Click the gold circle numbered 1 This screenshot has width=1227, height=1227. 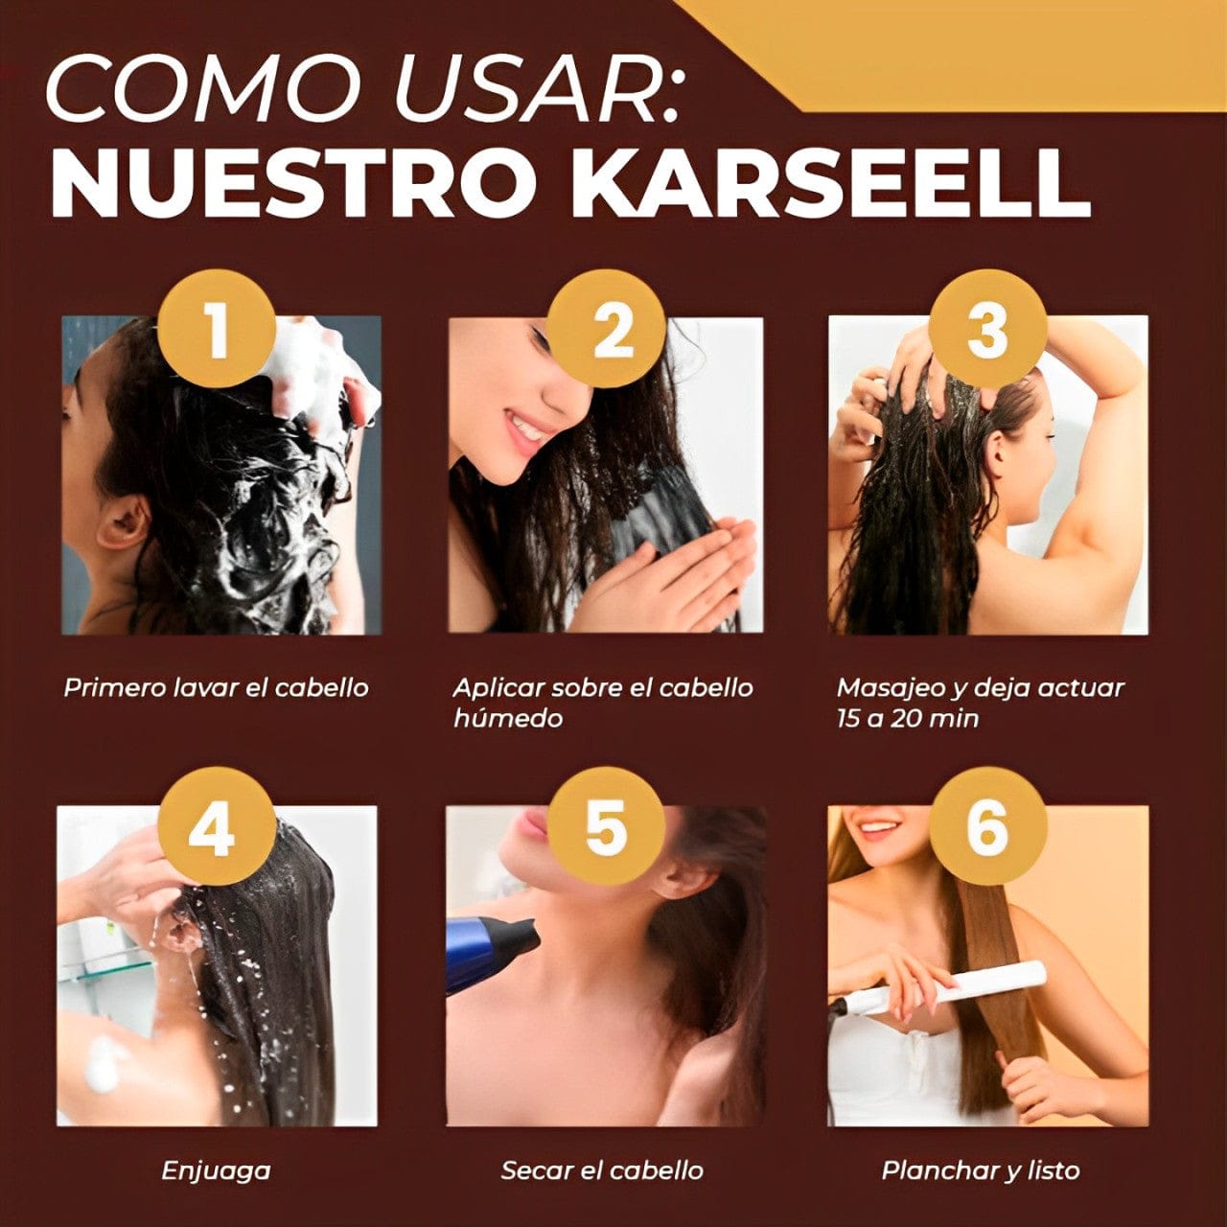click(218, 330)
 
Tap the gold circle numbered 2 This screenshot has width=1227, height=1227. click(607, 330)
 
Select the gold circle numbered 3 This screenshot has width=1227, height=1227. click(986, 330)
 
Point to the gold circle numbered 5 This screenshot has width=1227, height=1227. click(607, 825)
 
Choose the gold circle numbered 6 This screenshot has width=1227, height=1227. click(986, 825)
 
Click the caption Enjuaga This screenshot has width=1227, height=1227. click(216, 1170)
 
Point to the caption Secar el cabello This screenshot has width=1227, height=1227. click(602, 1170)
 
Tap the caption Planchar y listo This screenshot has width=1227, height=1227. click(980, 1170)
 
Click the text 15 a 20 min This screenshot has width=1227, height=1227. click(907, 718)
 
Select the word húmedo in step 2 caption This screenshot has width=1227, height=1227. click(507, 718)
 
